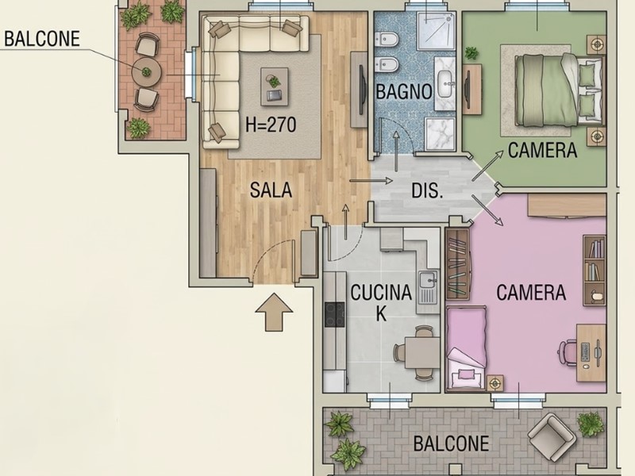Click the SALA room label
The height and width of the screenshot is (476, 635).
click(x=271, y=190)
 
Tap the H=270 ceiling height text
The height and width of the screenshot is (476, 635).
click(x=271, y=125)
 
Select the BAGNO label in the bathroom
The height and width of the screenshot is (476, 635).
click(x=404, y=91)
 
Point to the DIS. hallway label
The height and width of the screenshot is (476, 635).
click(x=427, y=190)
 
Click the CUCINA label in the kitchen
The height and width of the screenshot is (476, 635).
click(x=381, y=292)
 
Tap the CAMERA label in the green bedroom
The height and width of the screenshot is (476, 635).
click(x=542, y=150)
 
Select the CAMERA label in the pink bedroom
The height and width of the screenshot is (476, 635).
click(x=531, y=292)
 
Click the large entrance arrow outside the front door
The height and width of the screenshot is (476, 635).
click(x=274, y=312)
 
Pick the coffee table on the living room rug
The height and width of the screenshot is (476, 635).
click(x=274, y=86)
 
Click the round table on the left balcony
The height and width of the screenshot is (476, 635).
click(x=147, y=72)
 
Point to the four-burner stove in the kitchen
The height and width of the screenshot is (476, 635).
click(x=335, y=314)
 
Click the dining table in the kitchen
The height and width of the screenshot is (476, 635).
click(x=422, y=352)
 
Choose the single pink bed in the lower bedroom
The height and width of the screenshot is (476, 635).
click(x=467, y=348)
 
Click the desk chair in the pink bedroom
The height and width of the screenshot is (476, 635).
click(x=567, y=352)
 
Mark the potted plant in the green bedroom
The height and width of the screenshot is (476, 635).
click(x=471, y=53)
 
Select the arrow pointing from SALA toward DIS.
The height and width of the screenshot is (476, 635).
click(x=371, y=181)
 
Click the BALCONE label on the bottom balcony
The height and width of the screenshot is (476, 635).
click(x=451, y=443)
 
